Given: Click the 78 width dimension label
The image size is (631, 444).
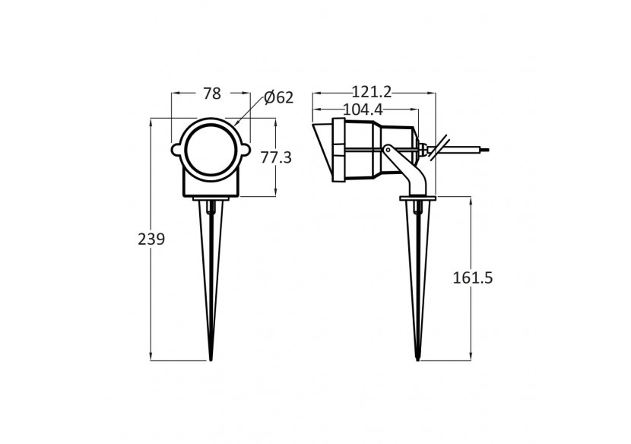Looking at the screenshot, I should pos(212,94).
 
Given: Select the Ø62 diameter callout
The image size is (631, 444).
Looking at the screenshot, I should pos(278,97).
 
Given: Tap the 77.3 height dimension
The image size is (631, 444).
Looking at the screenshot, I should pos(276,157).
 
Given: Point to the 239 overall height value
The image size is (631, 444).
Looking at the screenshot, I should pos(151,239).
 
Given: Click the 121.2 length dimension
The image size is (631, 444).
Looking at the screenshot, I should pos(372,92).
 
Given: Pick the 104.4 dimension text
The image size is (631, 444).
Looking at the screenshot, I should pos(363,109).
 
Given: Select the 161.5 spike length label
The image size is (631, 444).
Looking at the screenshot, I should pos(473,277).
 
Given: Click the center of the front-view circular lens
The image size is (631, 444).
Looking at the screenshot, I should pos(210,147).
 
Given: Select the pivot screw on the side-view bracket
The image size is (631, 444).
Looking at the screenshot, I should pos(388,150).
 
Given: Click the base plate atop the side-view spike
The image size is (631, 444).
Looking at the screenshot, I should pos(417,199).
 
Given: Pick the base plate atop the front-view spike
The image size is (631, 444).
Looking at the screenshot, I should pos(211,199).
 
